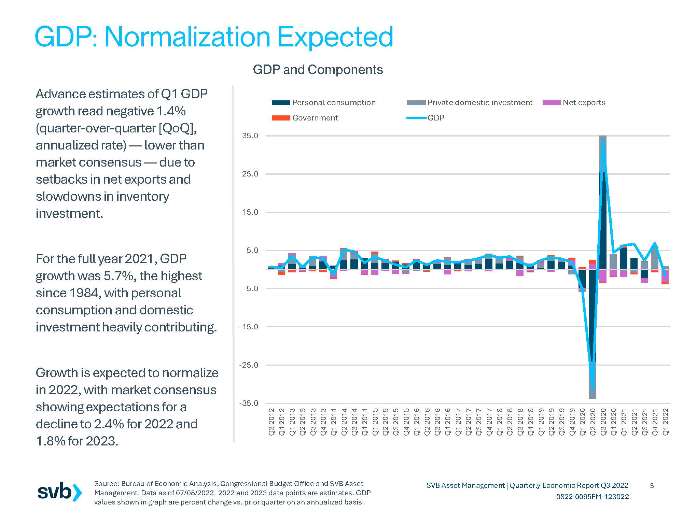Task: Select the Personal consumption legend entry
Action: click(x=323, y=102)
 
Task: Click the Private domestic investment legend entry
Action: click(x=470, y=102)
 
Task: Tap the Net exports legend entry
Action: click(x=574, y=102)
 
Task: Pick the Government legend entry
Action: click(x=305, y=118)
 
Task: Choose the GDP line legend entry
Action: click(x=426, y=118)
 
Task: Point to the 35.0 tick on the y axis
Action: click(x=250, y=136)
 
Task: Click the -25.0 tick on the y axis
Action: click(x=249, y=365)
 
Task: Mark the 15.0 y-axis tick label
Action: click(x=250, y=212)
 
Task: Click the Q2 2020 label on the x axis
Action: click(x=593, y=422)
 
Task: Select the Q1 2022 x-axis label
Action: click(x=666, y=422)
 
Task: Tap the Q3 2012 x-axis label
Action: click(x=271, y=422)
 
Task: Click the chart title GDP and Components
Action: click(x=318, y=70)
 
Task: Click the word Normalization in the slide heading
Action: click(x=187, y=37)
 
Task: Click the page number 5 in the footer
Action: click(x=652, y=485)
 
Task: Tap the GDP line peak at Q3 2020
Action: click(x=603, y=140)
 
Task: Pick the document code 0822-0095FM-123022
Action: click(x=593, y=497)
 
